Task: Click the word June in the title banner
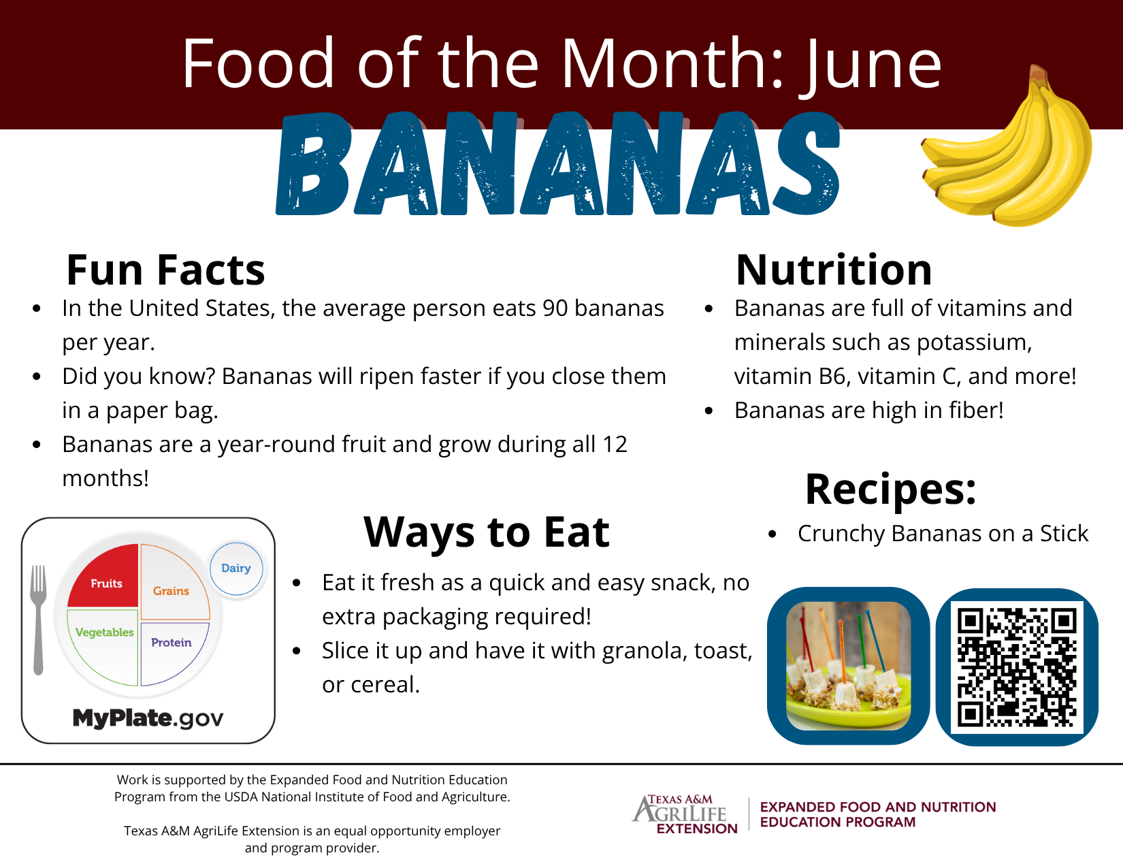[x=870, y=64]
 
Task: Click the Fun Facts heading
[x=165, y=270]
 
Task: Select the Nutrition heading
[x=834, y=270]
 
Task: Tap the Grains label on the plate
[x=171, y=591]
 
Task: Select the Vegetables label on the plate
[x=104, y=632]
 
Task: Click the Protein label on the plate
[x=171, y=643]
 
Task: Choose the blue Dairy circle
[x=236, y=568]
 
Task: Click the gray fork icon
[x=38, y=620]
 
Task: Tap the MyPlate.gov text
[x=148, y=718]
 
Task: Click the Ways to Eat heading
[x=487, y=532]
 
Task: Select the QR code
[x=1017, y=667]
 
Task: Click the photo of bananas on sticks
[x=848, y=666]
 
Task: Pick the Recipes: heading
[x=890, y=489]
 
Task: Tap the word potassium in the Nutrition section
[x=974, y=343]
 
